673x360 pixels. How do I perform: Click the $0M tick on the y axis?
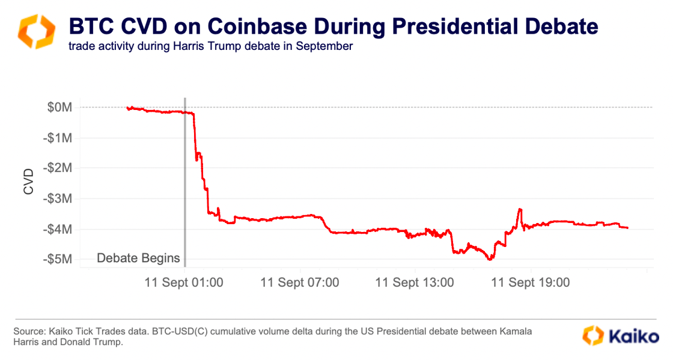(x=59, y=108)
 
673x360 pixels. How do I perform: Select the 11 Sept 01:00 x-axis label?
(x=184, y=282)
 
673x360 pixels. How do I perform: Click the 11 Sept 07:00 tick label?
(x=300, y=282)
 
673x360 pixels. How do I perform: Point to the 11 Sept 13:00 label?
(x=415, y=282)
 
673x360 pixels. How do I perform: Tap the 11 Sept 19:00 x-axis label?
(x=530, y=282)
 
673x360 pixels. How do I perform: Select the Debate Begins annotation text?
(x=138, y=258)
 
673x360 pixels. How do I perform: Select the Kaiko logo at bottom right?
(x=620, y=335)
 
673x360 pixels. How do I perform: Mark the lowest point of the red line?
(x=490, y=260)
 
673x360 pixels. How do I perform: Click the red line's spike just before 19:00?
(x=520, y=209)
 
